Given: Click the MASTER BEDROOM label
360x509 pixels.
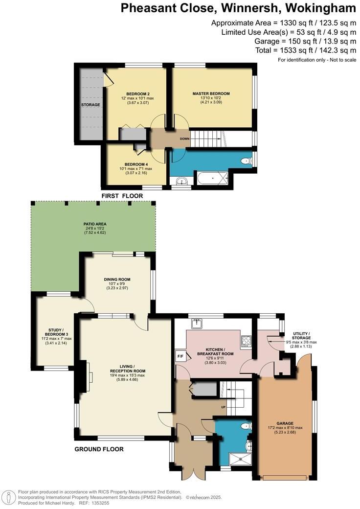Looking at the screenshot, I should tap(211, 93).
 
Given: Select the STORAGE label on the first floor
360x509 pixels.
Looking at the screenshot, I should tap(90, 105).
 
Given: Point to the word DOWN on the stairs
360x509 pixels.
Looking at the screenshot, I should tap(184, 139).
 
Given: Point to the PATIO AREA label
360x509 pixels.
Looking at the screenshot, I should tap(94, 224).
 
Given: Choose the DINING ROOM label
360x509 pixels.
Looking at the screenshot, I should tap(116, 279).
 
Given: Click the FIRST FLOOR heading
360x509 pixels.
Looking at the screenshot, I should tap(122, 196).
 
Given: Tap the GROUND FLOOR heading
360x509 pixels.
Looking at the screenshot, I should tap(99, 449).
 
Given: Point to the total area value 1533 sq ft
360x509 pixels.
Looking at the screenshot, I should tap(292, 50).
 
